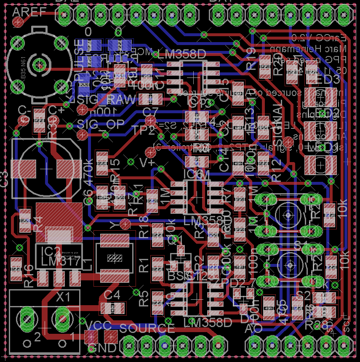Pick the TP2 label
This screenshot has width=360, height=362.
pyautogui.click(x=142, y=130)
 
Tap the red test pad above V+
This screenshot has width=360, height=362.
pyautogui.click(x=149, y=152)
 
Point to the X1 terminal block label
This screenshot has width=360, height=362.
pyautogui.click(x=64, y=297)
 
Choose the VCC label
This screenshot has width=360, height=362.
pyautogui.click(x=98, y=325)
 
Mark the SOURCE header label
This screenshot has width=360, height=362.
pyautogui.click(x=147, y=328)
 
